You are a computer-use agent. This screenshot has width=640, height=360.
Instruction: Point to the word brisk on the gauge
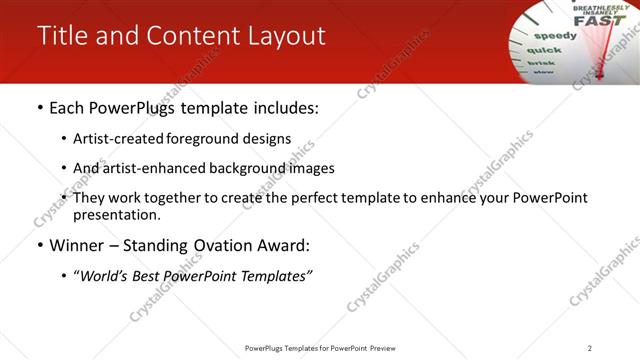(x=540, y=62)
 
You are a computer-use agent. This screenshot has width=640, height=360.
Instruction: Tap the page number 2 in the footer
(x=590, y=348)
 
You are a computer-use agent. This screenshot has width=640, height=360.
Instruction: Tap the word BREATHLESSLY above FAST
(x=595, y=6)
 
